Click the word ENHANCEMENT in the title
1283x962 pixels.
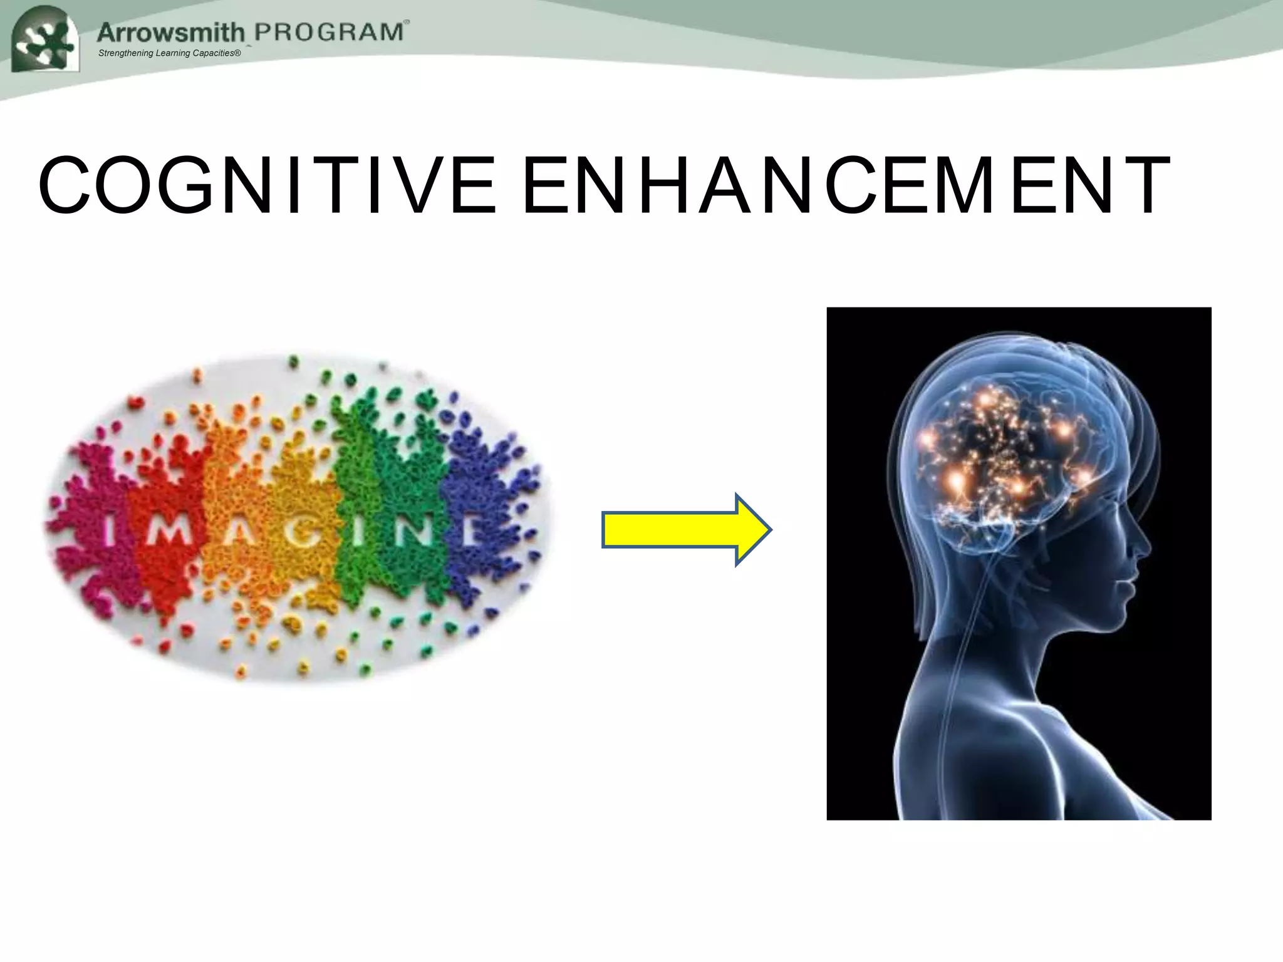[846, 186]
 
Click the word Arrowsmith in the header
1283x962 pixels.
[170, 33]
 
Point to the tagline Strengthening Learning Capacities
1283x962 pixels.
[169, 53]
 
